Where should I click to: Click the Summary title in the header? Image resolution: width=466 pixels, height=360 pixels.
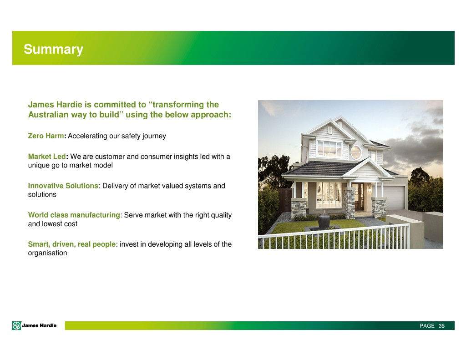tap(54, 50)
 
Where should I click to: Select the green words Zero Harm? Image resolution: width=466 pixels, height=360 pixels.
tap(46, 136)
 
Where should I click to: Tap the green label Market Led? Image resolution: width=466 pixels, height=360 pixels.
tap(47, 157)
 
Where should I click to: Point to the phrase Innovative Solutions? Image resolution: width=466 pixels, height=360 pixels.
tap(63, 186)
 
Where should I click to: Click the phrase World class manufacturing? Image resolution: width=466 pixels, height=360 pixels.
tap(74, 215)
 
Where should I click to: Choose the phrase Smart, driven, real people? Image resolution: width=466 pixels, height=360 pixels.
tap(71, 244)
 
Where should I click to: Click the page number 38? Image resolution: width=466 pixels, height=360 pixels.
tap(441, 326)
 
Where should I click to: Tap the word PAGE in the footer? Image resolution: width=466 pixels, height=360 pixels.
tap(427, 326)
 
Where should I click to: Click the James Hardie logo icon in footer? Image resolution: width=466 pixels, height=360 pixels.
tap(17, 326)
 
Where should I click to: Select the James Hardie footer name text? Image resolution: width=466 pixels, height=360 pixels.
tap(39, 325)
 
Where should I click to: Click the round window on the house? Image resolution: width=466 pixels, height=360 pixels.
tap(356, 152)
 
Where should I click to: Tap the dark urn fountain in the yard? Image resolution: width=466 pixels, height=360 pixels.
tap(324, 221)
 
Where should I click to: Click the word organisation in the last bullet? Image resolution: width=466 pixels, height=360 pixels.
tap(47, 253)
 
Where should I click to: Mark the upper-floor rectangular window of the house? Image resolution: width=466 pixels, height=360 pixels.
tap(329, 149)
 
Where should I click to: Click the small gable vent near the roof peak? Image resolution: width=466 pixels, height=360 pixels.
tap(329, 130)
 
